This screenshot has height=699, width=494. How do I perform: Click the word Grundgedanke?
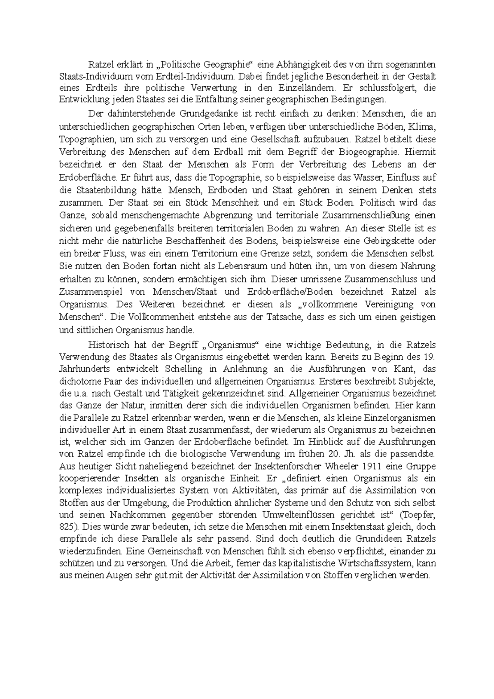click(x=205, y=113)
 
